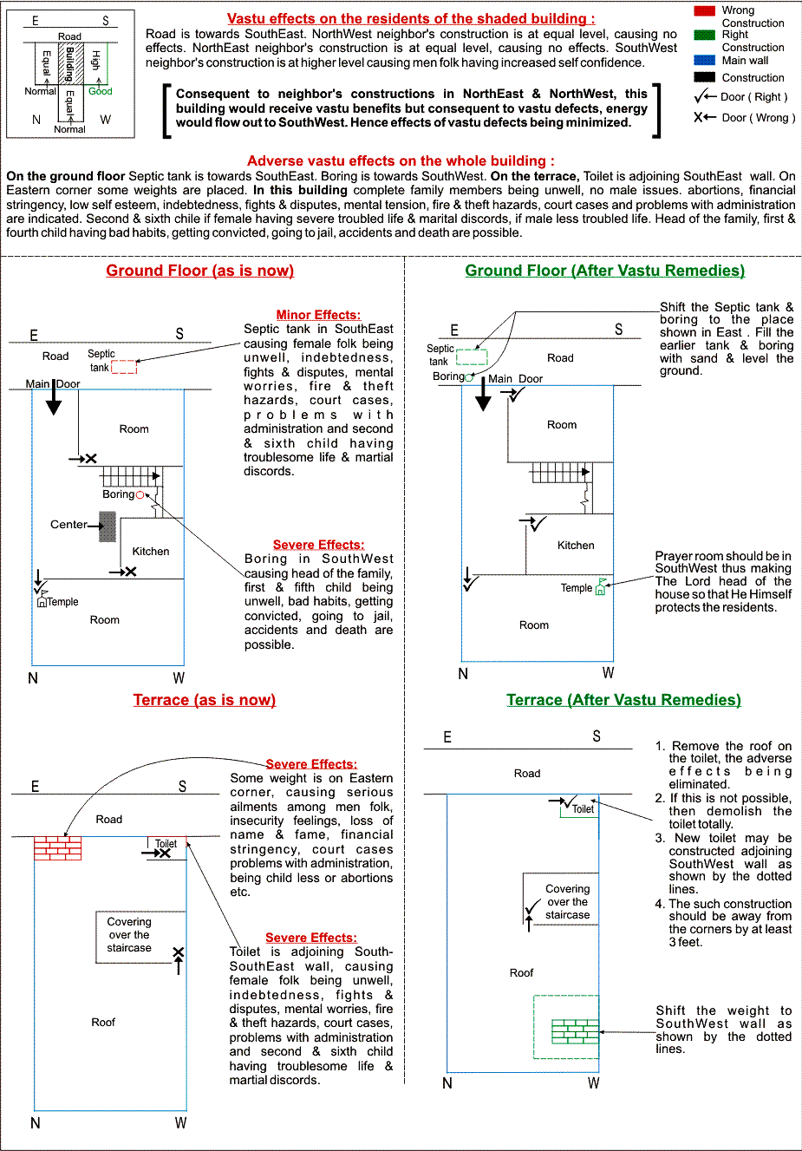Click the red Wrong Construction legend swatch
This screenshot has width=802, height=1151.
[x=704, y=10]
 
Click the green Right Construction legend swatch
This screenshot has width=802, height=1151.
[x=704, y=35]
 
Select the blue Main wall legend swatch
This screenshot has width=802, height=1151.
[x=704, y=61]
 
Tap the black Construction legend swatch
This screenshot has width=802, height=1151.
[x=704, y=77]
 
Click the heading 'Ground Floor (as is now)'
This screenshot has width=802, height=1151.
[x=199, y=271]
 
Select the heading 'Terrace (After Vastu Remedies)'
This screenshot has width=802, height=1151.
[x=623, y=700]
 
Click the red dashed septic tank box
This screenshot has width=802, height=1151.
[x=124, y=367]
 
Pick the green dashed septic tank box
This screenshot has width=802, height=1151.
[x=472, y=356]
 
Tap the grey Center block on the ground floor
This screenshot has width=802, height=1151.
[x=108, y=526]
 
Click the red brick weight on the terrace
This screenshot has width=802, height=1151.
[x=57, y=847]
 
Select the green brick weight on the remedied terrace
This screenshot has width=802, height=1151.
[x=575, y=1031]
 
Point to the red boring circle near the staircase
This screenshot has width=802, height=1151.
[x=140, y=495]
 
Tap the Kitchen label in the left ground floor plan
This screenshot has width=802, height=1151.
[x=151, y=552]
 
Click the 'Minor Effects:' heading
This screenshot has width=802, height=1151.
[x=318, y=315]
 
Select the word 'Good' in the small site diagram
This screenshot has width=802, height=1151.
[x=101, y=91]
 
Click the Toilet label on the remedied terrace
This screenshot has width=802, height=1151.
[x=583, y=809]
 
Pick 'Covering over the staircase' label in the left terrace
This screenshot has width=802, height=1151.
[x=129, y=935]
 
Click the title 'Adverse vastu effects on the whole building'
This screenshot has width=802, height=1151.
[x=401, y=160]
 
